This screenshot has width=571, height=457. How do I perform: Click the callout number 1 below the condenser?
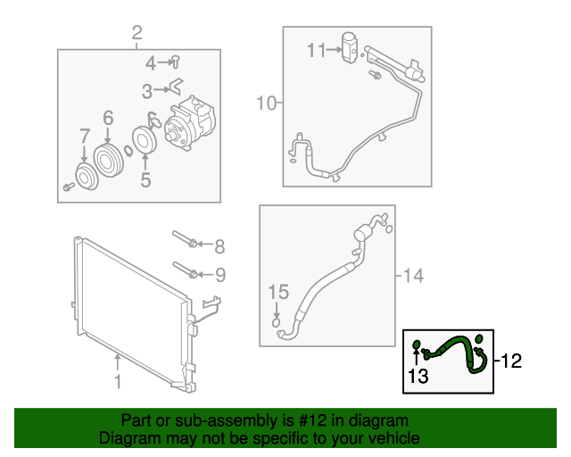(117, 383)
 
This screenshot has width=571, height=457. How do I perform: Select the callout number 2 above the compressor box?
(137, 34)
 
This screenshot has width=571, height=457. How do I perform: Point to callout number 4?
(151, 62)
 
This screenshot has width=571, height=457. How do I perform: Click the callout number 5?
(145, 179)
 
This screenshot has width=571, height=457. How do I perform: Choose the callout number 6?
(108, 117)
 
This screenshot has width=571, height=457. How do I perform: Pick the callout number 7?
(85, 137)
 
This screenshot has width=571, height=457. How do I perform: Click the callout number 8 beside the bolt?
(219, 245)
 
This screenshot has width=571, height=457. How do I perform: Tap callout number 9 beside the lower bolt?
(219, 273)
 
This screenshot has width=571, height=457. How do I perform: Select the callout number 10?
(267, 104)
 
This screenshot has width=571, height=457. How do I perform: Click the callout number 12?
(509, 361)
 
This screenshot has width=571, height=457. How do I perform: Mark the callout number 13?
(418, 377)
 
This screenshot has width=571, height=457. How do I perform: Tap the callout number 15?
(279, 292)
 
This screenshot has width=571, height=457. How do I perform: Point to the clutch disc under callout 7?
(86, 176)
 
